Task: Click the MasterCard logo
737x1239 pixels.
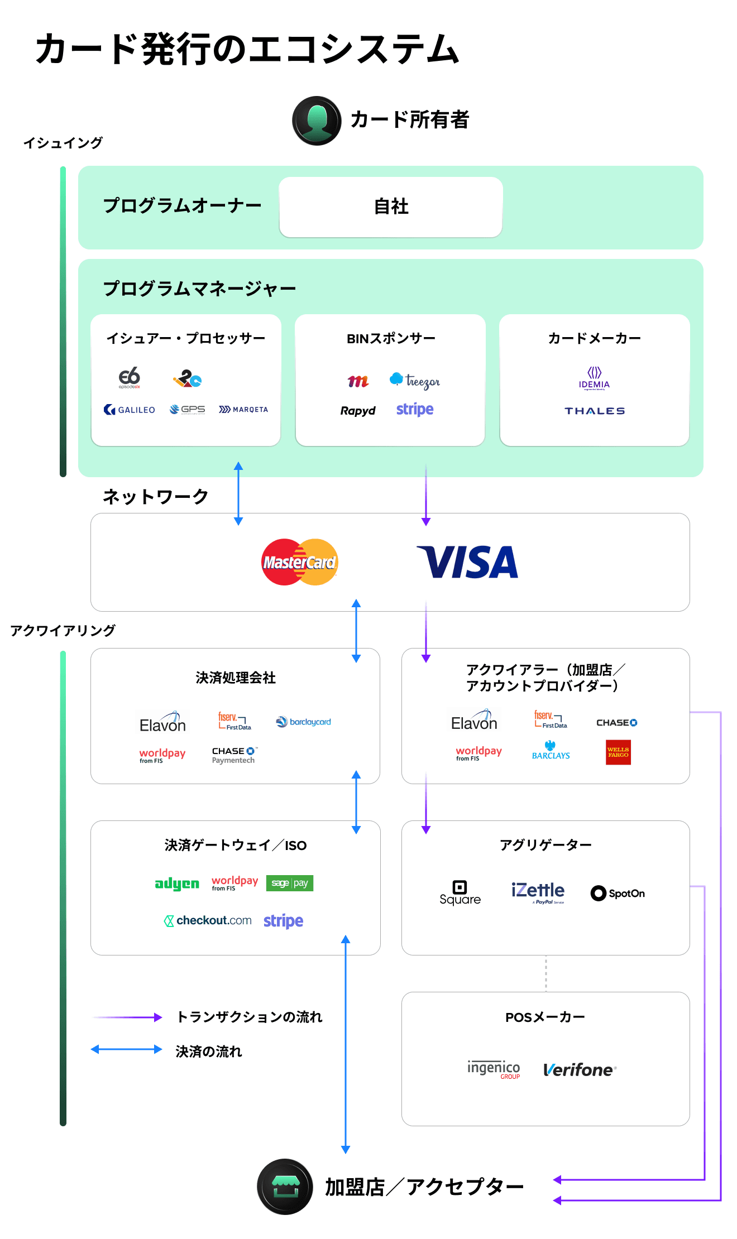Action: click(x=300, y=562)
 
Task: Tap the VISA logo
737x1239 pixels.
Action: click(x=467, y=562)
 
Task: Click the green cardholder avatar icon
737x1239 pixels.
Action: click(x=317, y=121)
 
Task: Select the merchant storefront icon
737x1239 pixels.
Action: click(x=285, y=1187)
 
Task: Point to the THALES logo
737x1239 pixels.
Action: click(x=595, y=411)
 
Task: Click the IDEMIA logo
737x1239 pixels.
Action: click(x=594, y=378)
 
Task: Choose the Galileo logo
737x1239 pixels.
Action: click(x=130, y=410)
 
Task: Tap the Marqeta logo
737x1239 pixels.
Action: click(x=243, y=410)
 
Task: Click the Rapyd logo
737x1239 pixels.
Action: click(x=358, y=411)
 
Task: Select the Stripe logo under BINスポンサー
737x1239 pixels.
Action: click(x=415, y=410)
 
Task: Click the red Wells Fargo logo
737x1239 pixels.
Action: click(x=618, y=752)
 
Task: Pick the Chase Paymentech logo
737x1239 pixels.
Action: click(x=234, y=755)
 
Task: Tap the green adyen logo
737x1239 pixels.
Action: click(x=177, y=883)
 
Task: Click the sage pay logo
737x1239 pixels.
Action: click(x=290, y=883)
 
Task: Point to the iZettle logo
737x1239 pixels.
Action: click(x=538, y=891)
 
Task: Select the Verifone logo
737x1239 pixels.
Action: click(x=580, y=1070)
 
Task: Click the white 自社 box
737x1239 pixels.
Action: click(x=391, y=207)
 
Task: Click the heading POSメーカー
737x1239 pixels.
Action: click(x=545, y=1017)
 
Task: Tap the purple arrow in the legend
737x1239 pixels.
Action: click(x=128, y=1017)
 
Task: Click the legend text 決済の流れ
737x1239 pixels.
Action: click(x=209, y=1051)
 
